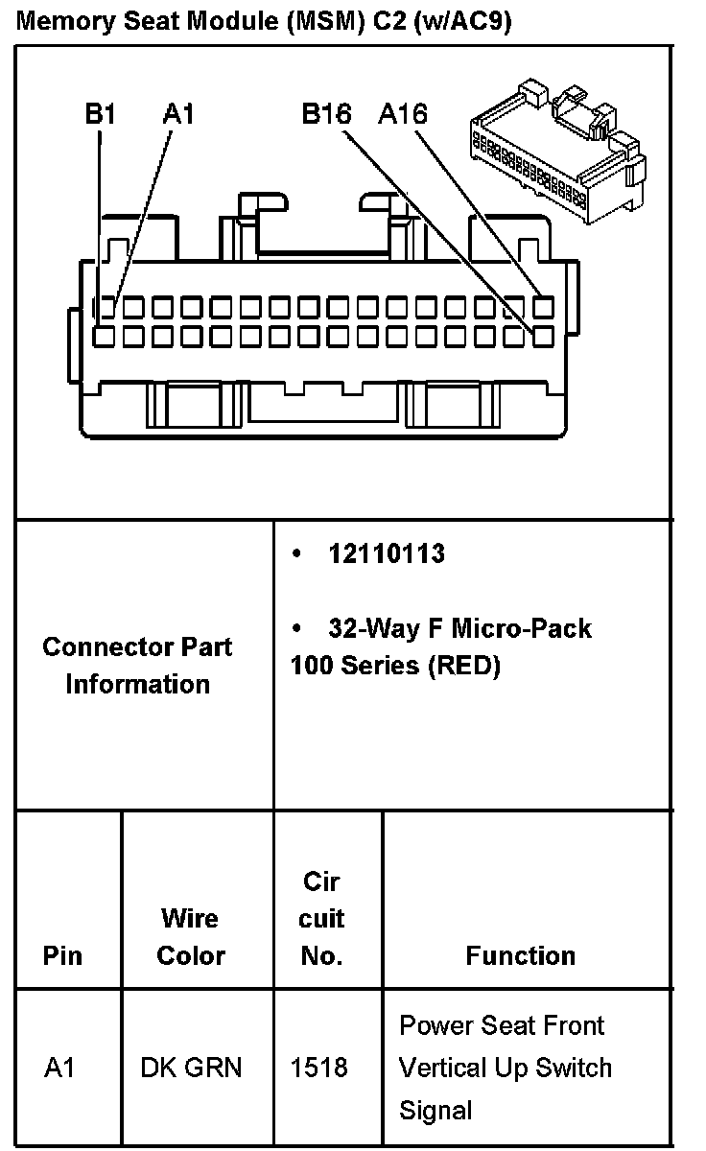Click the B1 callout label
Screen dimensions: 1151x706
click(x=100, y=115)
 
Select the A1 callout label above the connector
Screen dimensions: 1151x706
click(x=178, y=115)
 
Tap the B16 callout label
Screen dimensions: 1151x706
click(x=326, y=115)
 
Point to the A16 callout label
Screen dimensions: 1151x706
click(x=403, y=115)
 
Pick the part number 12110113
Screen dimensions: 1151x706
click(x=387, y=554)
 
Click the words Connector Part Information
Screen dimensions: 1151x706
click(x=137, y=665)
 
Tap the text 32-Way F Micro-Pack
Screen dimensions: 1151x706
click(x=459, y=628)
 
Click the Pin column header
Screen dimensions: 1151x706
click(x=63, y=956)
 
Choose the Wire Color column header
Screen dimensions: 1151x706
click(x=190, y=937)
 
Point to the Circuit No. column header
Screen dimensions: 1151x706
click(x=321, y=918)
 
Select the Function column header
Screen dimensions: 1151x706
click(x=521, y=955)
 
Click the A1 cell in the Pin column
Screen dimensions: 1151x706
click(x=59, y=1069)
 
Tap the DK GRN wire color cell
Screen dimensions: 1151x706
click(x=191, y=1069)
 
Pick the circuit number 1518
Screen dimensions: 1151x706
click(x=318, y=1069)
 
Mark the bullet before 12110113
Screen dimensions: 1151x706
click(x=298, y=554)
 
